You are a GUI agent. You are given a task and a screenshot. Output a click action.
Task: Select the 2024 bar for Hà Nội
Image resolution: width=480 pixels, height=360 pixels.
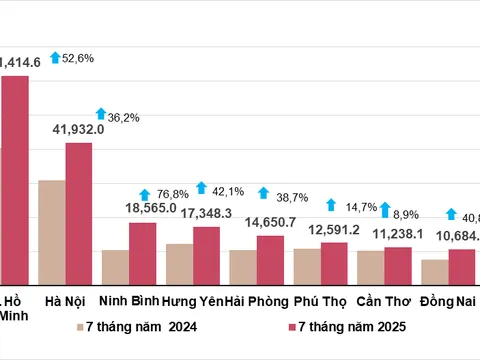[52, 231]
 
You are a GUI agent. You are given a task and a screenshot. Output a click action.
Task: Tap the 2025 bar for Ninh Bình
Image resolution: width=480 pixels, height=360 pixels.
[143, 252]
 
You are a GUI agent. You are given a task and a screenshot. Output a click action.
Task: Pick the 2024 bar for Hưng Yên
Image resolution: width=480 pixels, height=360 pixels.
[180, 263]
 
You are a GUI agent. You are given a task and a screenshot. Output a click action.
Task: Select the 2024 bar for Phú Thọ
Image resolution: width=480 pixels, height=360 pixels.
[307, 265]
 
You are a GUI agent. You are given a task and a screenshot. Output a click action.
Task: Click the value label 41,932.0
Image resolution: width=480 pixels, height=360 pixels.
[79, 130]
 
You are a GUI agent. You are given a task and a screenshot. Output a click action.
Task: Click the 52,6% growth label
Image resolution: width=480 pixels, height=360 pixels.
[78, 59]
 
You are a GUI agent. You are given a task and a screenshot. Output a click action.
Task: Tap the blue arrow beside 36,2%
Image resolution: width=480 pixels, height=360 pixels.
[100, 115]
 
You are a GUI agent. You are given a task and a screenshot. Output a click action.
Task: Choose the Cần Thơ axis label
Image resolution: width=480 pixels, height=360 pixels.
[383, 301]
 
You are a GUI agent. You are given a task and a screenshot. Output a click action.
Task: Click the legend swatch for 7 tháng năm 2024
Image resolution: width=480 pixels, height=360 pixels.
[78, 327]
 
